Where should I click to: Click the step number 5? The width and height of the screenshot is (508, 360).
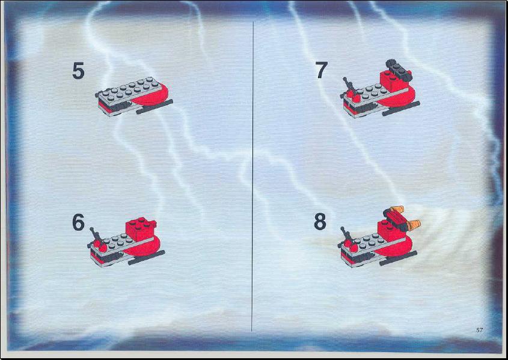78,71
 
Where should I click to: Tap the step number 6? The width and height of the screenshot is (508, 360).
78,222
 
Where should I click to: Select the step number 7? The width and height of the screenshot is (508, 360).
322,70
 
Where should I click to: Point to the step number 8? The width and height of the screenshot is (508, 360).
320,222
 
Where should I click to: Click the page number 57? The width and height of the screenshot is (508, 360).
480,330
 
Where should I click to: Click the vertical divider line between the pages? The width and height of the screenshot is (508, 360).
252,177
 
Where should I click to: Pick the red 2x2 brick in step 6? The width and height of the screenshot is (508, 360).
140,228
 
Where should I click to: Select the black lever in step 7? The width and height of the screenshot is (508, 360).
349,85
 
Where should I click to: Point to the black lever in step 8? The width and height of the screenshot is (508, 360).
347,236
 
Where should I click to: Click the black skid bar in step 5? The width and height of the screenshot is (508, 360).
155,106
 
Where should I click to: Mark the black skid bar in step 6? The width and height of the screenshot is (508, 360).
147,257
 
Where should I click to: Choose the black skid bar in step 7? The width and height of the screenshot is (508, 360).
401,108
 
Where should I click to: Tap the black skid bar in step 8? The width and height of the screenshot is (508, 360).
398,258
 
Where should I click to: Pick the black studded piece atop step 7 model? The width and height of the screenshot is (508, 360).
399,69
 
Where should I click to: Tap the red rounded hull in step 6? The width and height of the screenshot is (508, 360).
142,246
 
